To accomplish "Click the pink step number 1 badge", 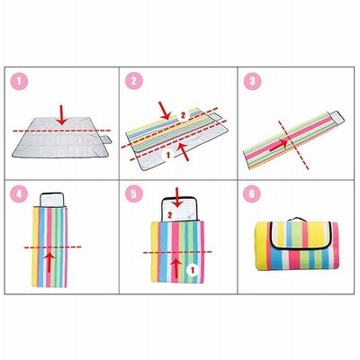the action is coord(19,81).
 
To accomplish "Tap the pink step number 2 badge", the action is coord(134,81).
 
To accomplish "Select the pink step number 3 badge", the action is coord(252,81).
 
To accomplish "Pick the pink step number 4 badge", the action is coord(19,193).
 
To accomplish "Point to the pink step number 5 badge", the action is coord(134,193).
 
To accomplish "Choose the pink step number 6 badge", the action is coord(252,193).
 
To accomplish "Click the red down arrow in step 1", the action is coord(62,115).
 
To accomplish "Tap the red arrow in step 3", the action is coord(280,144).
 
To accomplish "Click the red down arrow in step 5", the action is coord(177,197).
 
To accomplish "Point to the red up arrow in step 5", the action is coord(176,267).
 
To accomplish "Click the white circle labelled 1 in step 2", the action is coord(168,155).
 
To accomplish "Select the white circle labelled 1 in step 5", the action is coord(193,271).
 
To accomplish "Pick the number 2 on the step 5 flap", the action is coord(170,215).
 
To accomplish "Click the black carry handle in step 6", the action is coord(296,220).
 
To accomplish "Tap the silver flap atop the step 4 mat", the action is coord(52,200).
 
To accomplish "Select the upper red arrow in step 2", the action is coord(165,111).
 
